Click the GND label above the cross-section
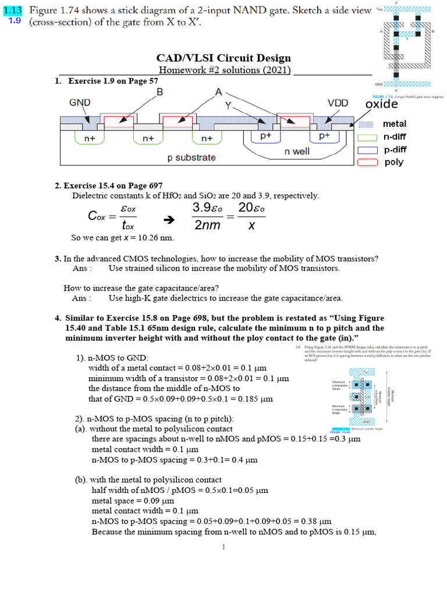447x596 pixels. pyautogui.click(x=80, y=102)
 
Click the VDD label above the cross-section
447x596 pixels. pyautogui.click(x=338, y=103)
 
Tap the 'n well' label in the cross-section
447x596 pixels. pyautogui.click(x=296, y=151)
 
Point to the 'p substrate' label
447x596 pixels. pyautogui.click(x=191, y=158)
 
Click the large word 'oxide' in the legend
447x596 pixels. pyautogui.click(x=381, y=104)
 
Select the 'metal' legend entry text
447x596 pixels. pyautogui.click(x=395, y=124)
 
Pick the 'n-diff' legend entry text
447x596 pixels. pyautogui.click(x=395, y=137)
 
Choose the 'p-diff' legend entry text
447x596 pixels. pyautogui.click(x=395, y=150)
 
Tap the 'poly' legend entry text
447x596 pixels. pyautogui.click(x=393, y=162)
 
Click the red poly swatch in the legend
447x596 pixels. pyautogui.click(x=367, y=162)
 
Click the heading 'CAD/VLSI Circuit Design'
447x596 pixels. pyautogui.click(x=223, y=58)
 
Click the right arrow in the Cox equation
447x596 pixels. pyautogui.click(x=169, y=220)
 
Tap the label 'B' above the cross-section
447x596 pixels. pyautogui.click(x=160, y=92)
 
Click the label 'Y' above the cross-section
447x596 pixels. pyautogui.click(x=228, y=107)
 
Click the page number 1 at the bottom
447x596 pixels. pyautogui.click(x=223, y=547)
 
